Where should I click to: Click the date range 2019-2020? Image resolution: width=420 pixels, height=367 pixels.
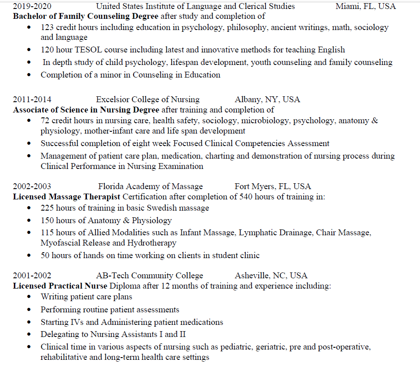[32, 6]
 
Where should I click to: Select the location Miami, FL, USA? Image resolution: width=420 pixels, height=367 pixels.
[366, 6]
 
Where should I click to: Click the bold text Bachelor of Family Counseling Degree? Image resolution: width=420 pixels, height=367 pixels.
[86, 17]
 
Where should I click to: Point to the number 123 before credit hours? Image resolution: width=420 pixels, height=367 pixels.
[47, 27]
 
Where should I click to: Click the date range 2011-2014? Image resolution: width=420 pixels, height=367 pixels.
[32, 99]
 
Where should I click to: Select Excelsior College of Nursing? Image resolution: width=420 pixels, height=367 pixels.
[147, 99]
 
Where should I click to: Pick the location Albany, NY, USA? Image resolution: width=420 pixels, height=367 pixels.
[267, 99]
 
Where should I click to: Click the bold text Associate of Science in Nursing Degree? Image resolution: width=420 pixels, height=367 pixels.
[86, 110]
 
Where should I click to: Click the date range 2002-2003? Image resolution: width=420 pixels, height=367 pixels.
[32, 186]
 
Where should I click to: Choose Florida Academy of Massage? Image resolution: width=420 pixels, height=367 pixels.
[150, 186]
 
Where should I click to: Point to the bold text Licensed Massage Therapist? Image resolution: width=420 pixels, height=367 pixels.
[66, 197]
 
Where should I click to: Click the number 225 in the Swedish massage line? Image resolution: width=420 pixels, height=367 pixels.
[47, 208]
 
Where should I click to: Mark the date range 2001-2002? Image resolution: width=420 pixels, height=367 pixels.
[32, 276]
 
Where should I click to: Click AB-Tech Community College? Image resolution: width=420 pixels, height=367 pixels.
[149, 276]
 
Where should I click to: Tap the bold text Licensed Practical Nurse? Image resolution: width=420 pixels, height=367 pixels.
[60, 286]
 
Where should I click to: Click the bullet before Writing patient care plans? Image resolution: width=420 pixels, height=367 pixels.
[30, 297]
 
